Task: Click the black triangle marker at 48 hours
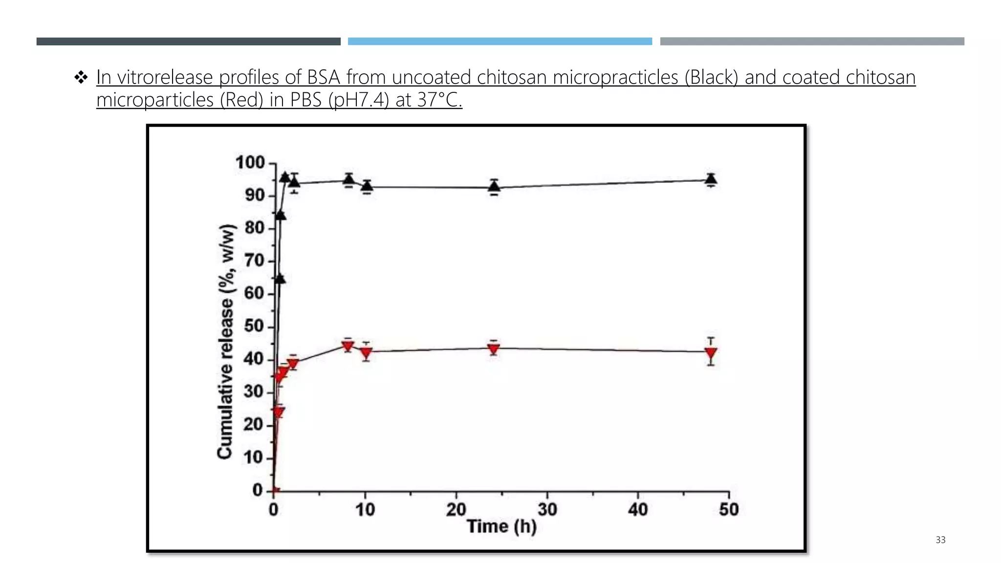coord(711,179)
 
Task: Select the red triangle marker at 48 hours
coord(711,353)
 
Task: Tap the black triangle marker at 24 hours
coord(494,186)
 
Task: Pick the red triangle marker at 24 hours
coord(494,349)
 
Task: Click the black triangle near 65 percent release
coord(279,279)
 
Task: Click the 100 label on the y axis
coord(250,162)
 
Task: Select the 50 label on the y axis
coord(254,326)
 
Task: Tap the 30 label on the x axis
coord(547,510)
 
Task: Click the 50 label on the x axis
coord(728,510)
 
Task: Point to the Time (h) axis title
coord(501,527)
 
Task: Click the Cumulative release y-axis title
coord(225,342)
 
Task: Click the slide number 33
coord(940,540)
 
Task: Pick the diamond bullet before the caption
coord(81,77)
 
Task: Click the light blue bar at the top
coord(500,42)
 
